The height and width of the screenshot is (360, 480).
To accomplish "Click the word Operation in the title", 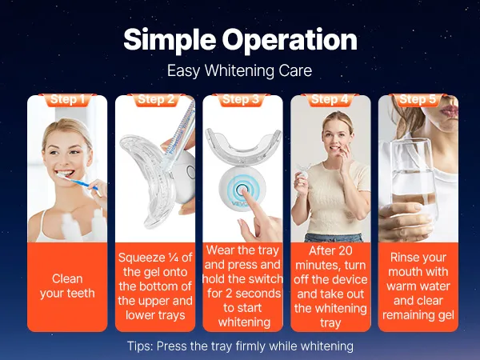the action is (290, 40).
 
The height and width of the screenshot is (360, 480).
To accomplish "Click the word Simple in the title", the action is (170, 40).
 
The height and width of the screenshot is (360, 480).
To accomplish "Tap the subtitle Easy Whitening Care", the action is (240, 70).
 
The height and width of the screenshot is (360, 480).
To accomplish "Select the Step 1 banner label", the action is (67, 99).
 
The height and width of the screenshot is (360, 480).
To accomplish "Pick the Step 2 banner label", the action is (156, 99).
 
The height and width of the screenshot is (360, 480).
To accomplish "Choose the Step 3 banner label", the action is (241, 99).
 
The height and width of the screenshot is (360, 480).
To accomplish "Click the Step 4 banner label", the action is (330, 99).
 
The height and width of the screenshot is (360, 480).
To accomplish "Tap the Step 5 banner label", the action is (418, 99).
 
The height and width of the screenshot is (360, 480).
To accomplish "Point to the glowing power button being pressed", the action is (242, 189).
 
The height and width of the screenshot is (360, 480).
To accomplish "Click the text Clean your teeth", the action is (67, 286).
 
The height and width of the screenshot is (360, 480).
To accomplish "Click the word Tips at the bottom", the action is (139, 346).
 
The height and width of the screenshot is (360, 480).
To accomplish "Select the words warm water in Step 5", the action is (418, 286).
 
